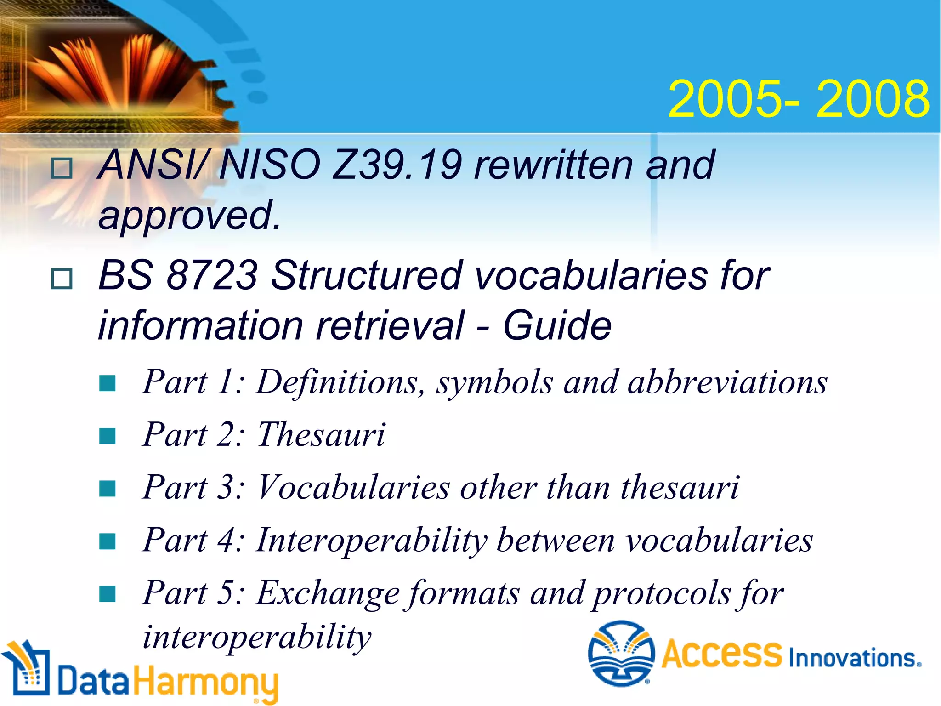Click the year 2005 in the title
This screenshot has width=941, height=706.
[x=726, y=99]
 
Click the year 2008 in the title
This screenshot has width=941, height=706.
[x=873, y=99]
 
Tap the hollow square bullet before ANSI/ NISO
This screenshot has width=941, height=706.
[x=62, y=168]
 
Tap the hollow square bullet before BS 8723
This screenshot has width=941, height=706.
[x=62, y=279]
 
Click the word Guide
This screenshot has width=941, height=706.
[x=557, y=325]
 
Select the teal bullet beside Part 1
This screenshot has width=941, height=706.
[x=108, y=383]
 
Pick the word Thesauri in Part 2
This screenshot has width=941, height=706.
[x=321, y=435]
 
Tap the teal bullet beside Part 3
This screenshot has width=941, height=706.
[x=108, y=489]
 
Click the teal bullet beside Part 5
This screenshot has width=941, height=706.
[x=108, y=594]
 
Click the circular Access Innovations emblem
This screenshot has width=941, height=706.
[x=621, y=653]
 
